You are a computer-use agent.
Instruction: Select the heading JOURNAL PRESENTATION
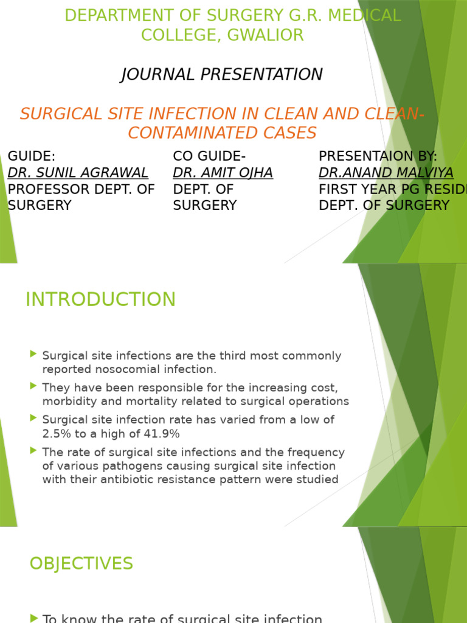222,74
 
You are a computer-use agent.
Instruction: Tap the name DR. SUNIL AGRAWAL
78,173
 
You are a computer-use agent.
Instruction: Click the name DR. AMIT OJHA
223,173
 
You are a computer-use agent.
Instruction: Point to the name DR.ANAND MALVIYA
386,173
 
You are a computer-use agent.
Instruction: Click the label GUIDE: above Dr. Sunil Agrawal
32,156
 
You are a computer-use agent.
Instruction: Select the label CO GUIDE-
210,156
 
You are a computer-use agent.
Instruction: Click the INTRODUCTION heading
100,299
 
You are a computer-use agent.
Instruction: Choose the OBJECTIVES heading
81,563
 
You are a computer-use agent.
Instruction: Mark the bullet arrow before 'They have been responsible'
33,386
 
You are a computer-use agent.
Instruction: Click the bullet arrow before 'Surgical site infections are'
33,353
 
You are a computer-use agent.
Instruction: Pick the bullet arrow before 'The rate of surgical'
33,451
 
